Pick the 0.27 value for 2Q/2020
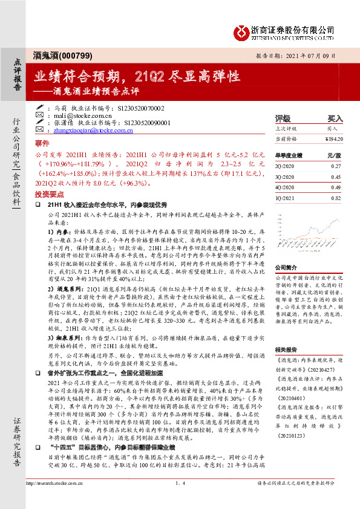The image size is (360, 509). tap(338, 165)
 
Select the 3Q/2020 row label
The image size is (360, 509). tap(284, 177)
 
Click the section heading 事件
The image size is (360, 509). tap(42, 144)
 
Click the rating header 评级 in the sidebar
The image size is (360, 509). tap(283, 118)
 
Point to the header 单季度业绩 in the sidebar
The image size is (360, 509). tap(288, 154)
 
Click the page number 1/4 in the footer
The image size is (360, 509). tap(180, 501)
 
